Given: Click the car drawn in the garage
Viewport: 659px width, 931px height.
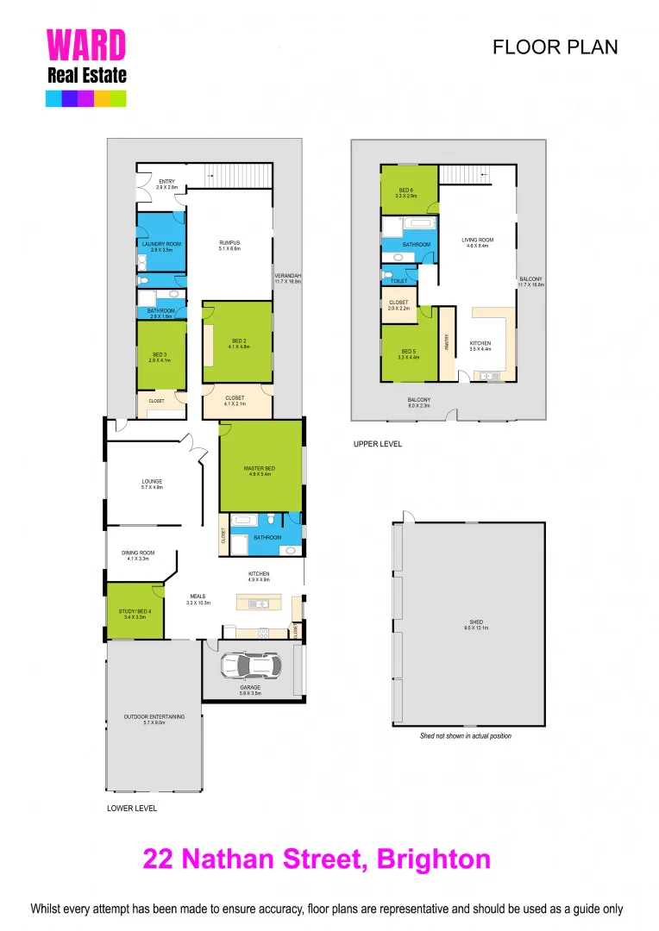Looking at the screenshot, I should pos(250,665).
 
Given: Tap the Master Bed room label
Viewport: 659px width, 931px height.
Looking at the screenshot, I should pos(259,471).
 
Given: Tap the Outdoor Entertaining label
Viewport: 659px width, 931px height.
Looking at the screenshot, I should pos(152,720).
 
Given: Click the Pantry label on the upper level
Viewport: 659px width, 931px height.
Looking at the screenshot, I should pos(447,343).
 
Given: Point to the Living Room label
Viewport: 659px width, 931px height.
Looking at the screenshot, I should pos(477,242).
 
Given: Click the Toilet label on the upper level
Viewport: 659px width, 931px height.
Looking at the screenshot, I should pos(399,280).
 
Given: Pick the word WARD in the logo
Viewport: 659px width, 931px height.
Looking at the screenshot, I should pos(85,46).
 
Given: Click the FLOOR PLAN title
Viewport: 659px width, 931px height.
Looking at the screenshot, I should pos(555,47).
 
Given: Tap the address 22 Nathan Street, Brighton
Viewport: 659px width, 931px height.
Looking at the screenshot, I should pos(317,859).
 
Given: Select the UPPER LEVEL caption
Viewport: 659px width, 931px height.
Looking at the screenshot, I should pos(377,444).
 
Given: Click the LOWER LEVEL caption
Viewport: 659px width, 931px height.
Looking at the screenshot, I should pos(131,809).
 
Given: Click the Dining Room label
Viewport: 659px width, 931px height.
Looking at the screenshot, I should pos(138,555).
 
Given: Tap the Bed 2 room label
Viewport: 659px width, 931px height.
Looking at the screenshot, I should pos(238,343).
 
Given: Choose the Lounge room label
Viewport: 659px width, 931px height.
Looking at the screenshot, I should pos(152,484).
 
